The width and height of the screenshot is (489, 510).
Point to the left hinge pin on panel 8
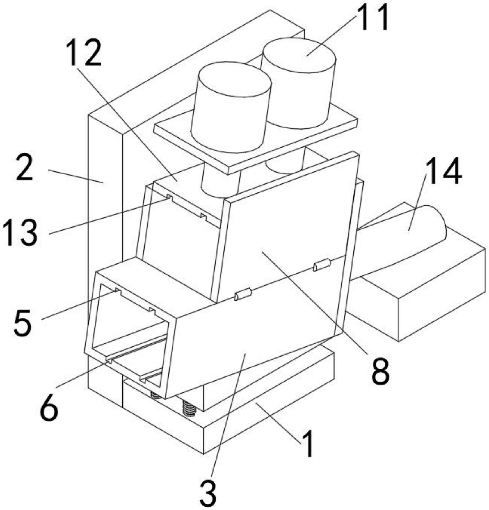coord(243,295)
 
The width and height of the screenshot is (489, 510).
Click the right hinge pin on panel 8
coord(322,265)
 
